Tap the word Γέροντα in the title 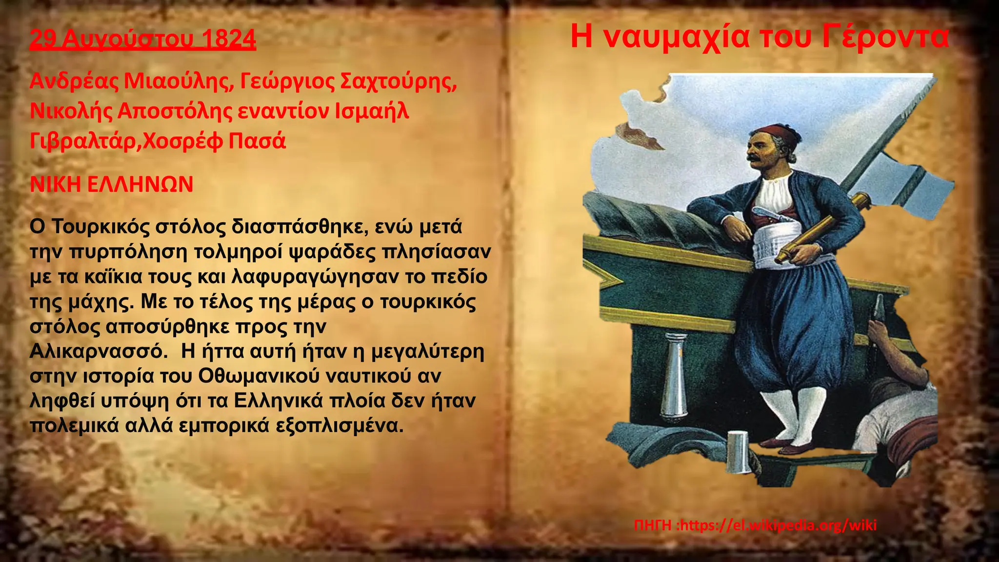pos(885,37)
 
